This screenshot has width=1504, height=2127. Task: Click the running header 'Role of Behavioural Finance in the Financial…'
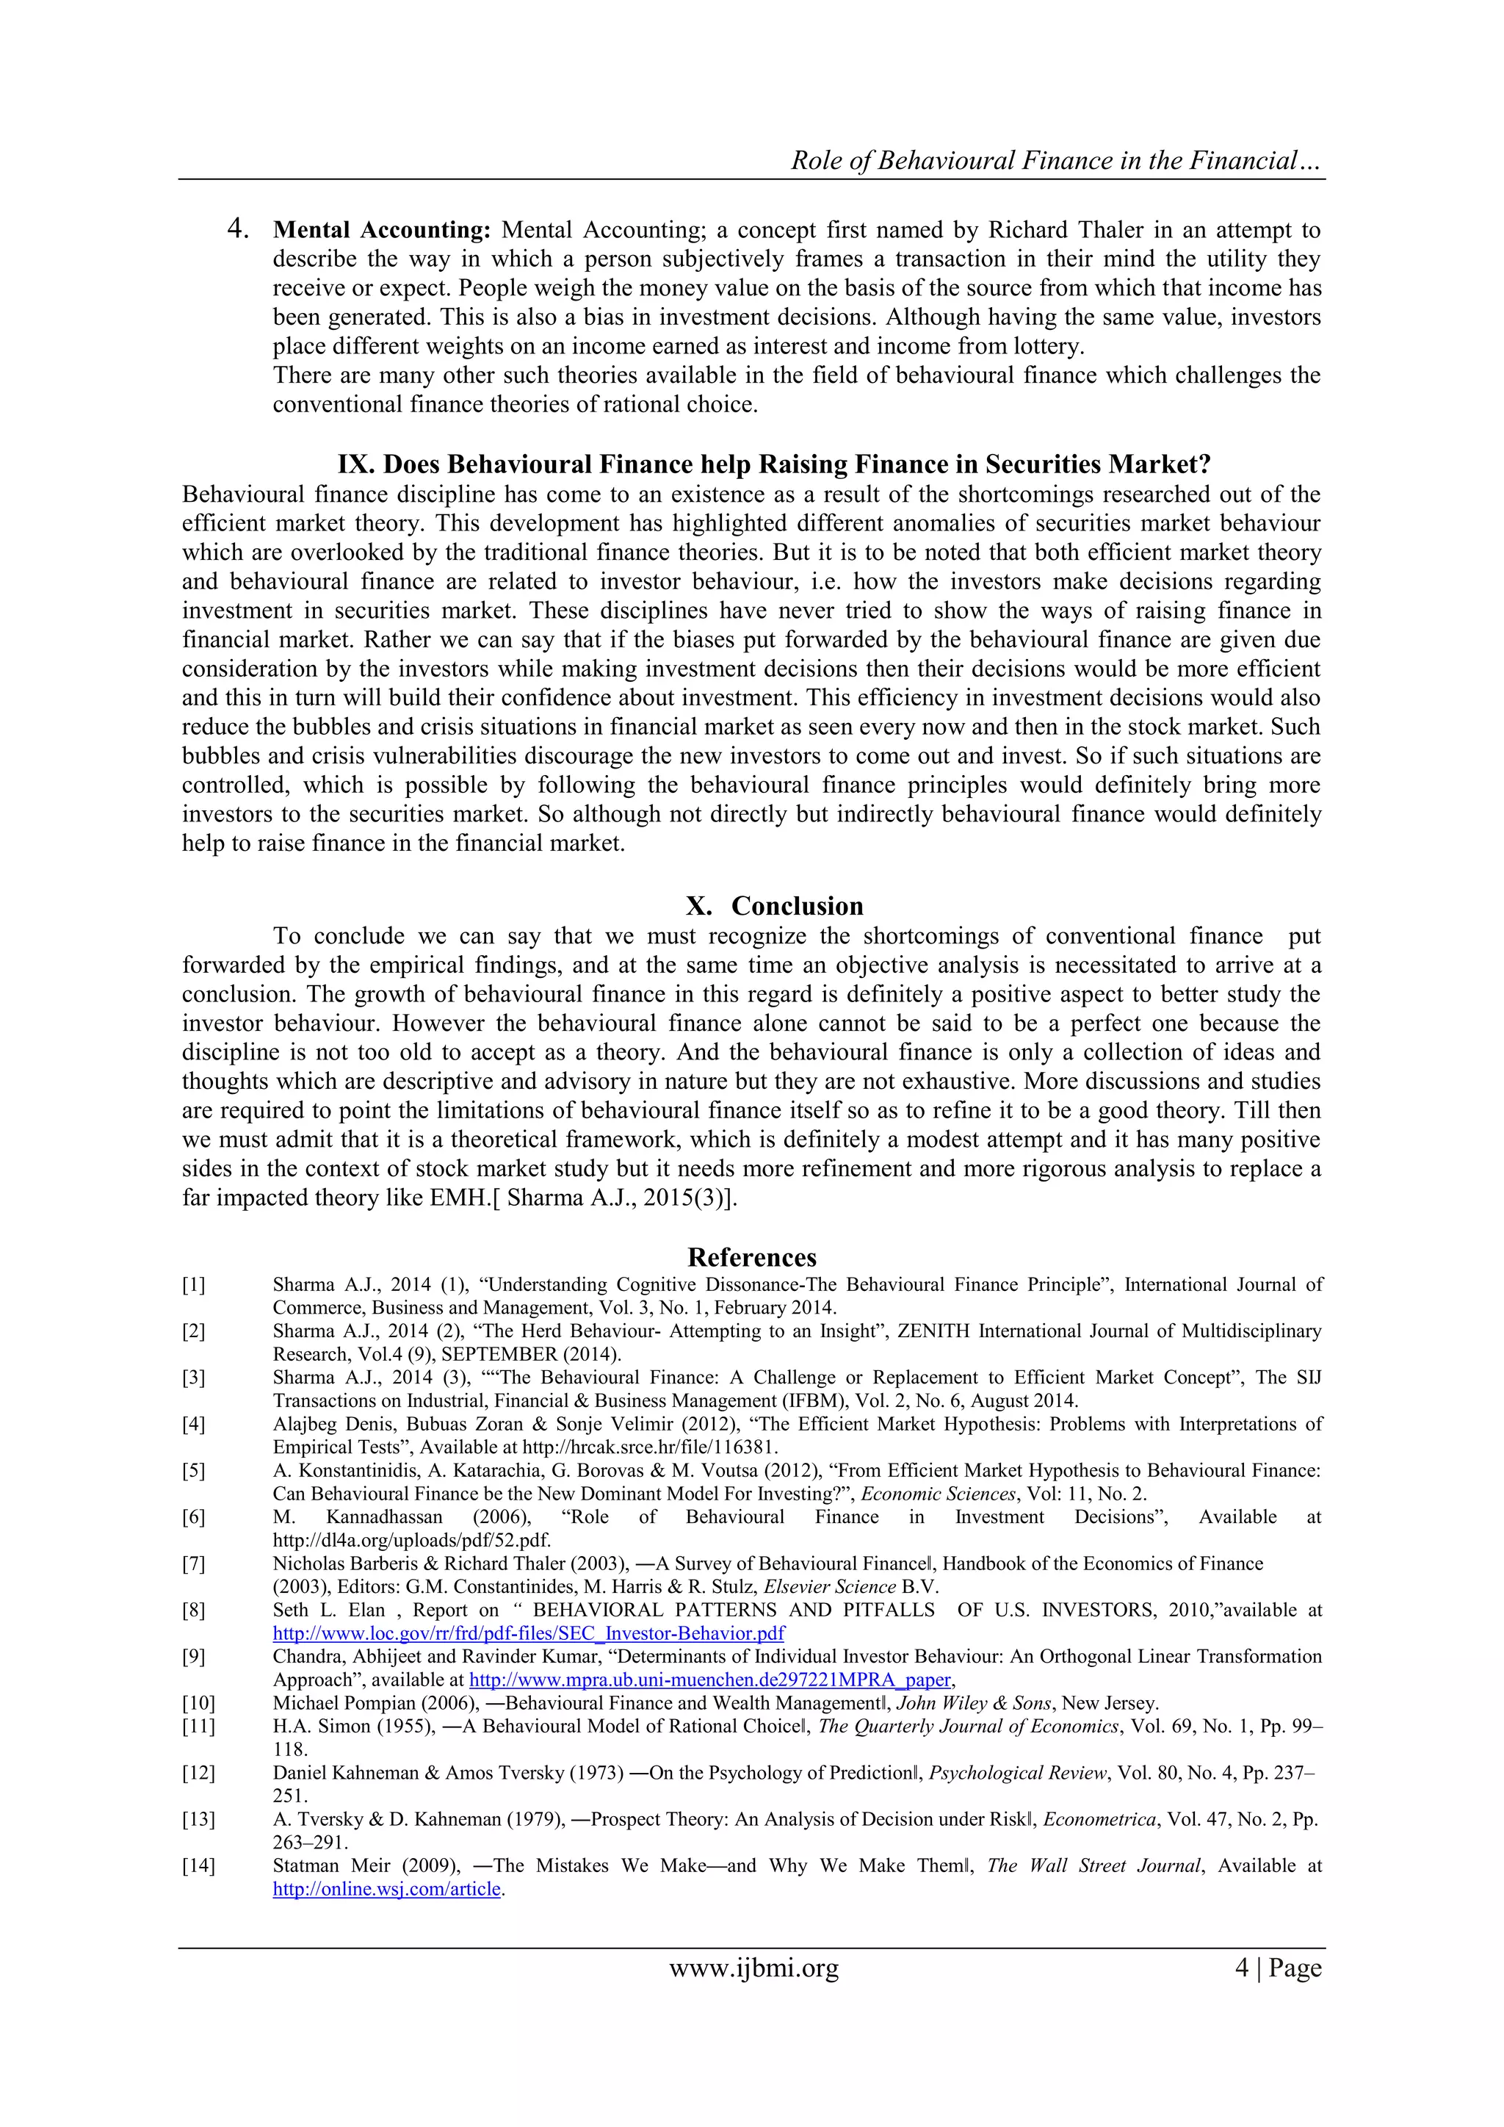[1056, 160]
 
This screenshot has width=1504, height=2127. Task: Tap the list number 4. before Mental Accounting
[238, 228]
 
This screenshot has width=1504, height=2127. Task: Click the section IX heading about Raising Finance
[774, 464]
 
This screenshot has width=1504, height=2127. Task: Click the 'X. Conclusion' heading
[774, 906]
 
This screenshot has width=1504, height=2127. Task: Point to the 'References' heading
[751, 1257]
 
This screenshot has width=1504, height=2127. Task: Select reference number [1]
[194, 1285]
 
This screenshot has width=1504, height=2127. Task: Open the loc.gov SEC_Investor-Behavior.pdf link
[529, 1633]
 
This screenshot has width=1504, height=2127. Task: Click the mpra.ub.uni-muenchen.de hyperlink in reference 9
[710, 1680]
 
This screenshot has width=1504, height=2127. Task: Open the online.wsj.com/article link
[386, 1889]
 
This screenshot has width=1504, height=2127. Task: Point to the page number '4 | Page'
[1277, 1968]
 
